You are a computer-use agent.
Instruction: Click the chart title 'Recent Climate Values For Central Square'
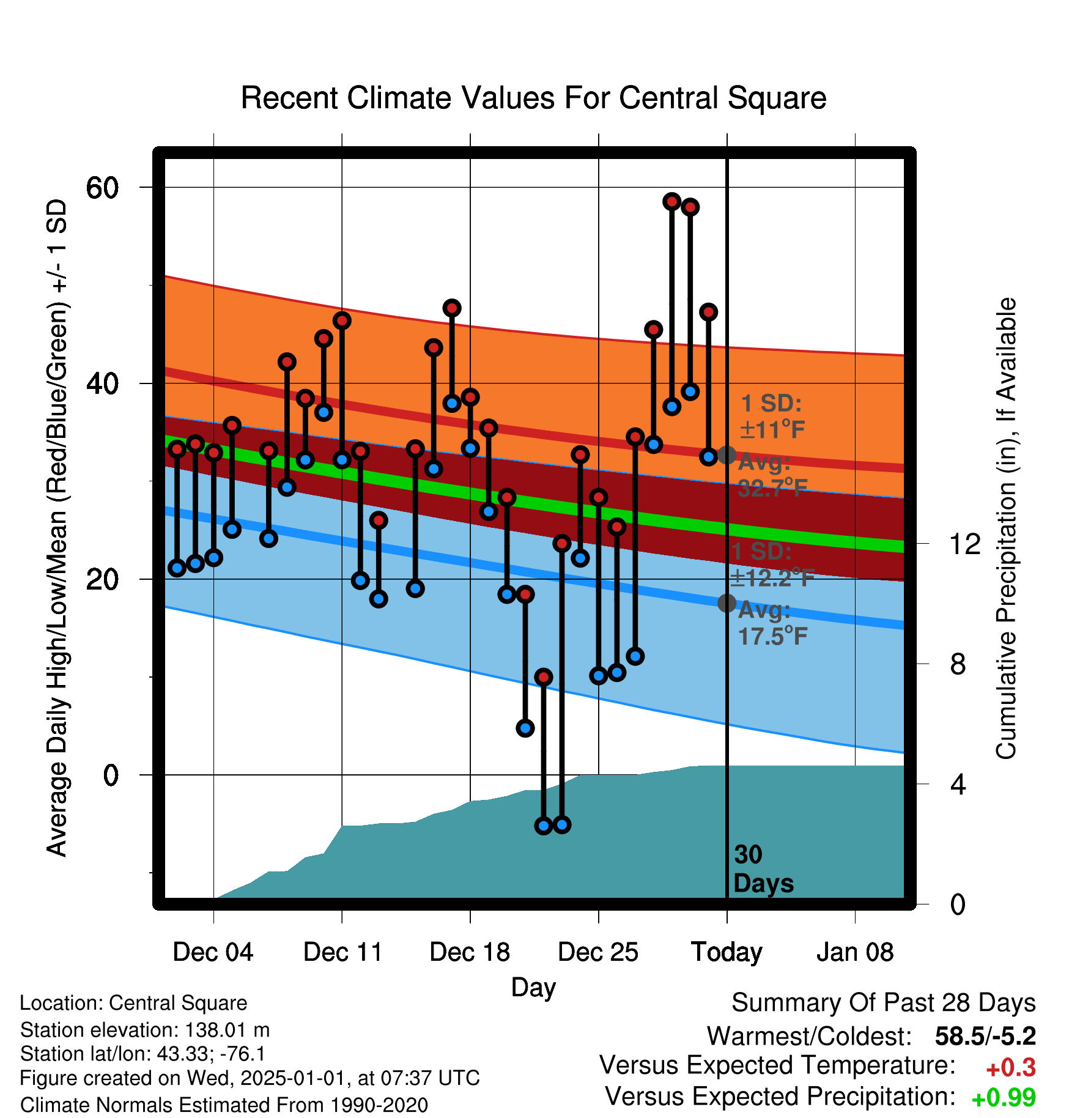[x=533, y=98]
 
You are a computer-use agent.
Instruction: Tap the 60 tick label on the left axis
[x=102, y=187]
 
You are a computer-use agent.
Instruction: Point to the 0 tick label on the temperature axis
[x=111, y=775]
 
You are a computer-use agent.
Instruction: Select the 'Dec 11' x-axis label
[x=342, y=952]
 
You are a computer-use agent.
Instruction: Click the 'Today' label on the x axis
[x=727, y=952]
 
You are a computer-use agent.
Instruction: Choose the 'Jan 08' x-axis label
[x=855, y=952]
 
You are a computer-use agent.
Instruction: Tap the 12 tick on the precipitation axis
[x=964, y=544]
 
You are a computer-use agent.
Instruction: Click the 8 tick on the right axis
[x=958, y=664]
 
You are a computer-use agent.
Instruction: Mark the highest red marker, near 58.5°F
[x=671, y=201]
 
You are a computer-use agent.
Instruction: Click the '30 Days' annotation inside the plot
[x=763, y=869]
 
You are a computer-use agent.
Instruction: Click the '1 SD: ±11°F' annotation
[x=772, y=416]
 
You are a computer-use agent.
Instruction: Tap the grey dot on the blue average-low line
[x=727, y=603]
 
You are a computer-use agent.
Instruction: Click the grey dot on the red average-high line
[x=727, y=455]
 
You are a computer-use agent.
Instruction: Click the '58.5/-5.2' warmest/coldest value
[x=985, y=1036]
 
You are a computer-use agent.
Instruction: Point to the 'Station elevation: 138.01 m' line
[x=145, y=1030]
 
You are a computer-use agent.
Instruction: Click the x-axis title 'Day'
[x=533, y=988]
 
